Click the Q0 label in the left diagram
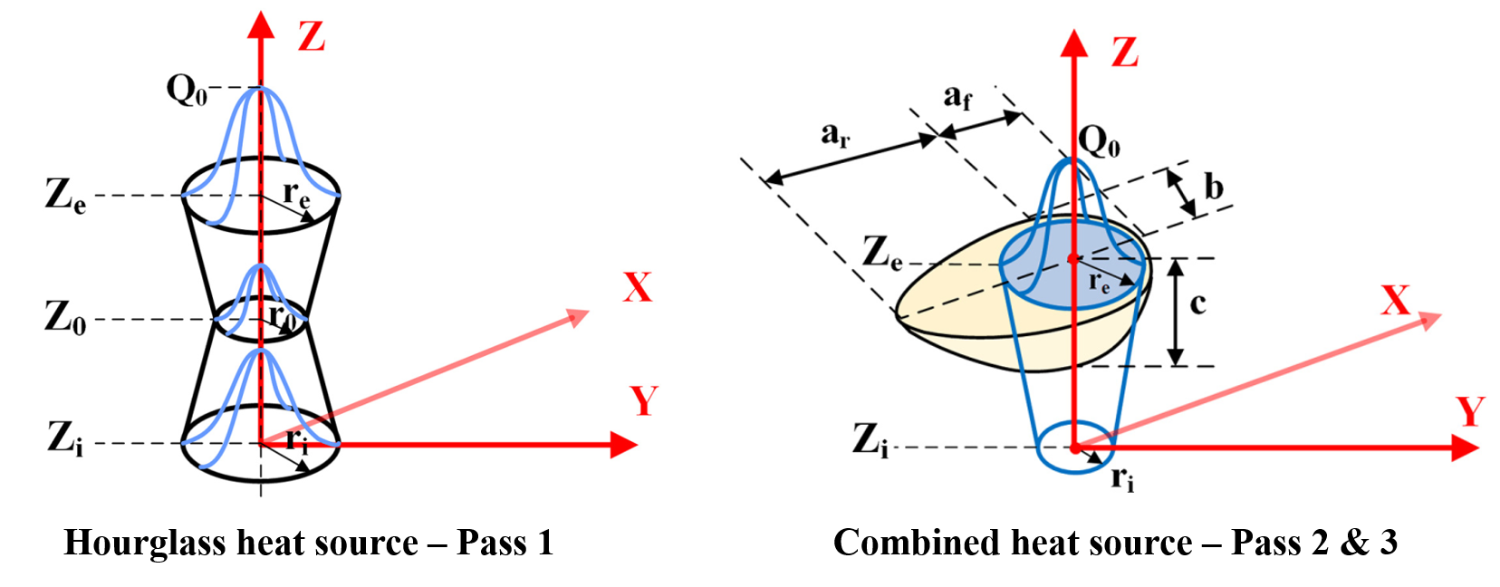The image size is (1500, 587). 187,91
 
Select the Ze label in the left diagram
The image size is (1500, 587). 66,196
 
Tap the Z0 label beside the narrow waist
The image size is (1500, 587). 65,318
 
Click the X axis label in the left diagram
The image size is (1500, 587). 637,288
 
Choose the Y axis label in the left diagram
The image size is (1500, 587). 643,400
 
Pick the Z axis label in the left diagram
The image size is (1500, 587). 312,37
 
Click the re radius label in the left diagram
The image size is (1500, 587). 297,194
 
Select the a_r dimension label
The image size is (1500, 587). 835,135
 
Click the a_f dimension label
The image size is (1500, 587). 957,95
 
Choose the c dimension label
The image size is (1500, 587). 1197,303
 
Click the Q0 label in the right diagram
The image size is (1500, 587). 1099,141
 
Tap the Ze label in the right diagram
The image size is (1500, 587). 882,253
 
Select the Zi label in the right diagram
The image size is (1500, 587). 870,440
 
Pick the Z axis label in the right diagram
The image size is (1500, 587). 1124,53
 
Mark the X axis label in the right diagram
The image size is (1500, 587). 1395,301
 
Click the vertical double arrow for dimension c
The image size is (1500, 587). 1175,313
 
